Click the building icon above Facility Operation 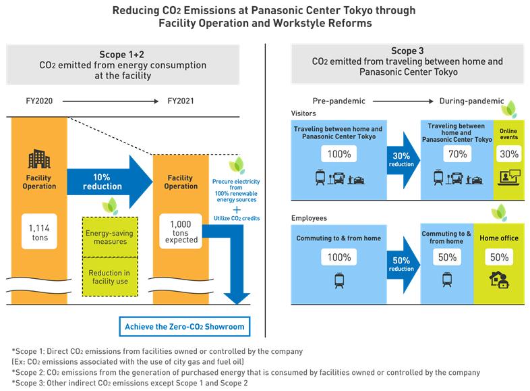(38, 159)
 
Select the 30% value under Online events (509, 154)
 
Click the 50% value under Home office (500, 257)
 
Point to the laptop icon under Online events (509, 179)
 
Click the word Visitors (305, 114)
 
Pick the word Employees (310, 218)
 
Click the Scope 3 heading (407, 51)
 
